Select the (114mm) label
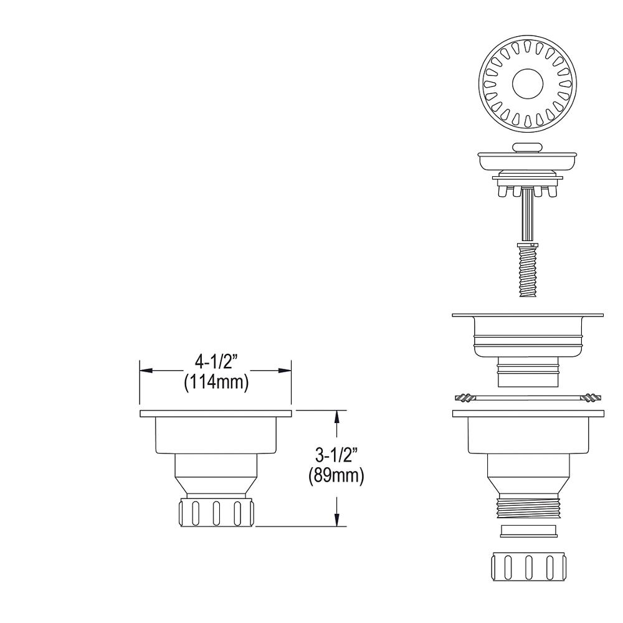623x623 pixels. pyautogui.click(x=216, y=383)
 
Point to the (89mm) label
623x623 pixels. pyautogui.click(x=336, y=475)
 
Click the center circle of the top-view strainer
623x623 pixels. pyautogui.click(x=527, y=84)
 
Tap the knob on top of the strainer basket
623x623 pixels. pyautogui.click(x=527, y=148)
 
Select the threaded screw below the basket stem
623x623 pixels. pyautogui.click(x=527, y=270)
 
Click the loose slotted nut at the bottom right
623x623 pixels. pyautogui.click(x=528, y=566)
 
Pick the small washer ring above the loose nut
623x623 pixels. pyautogui.click(x=528, y=531)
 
